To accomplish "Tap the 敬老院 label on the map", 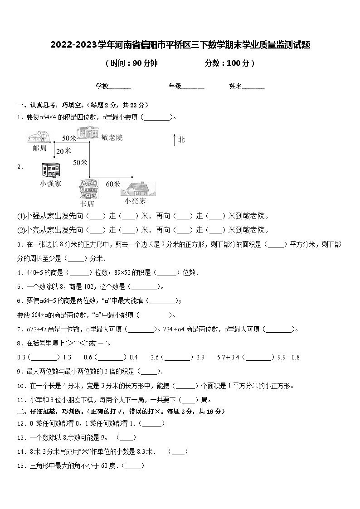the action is [x=112, y=137].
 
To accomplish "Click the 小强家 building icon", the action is [x=51, y=171].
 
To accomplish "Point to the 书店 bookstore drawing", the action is [x=87, y=189].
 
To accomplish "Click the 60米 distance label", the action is [x=113, y=184].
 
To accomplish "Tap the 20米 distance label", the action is [x=63, y=150].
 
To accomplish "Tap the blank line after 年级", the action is [x=193, y=87].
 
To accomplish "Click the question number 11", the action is [x=21, y=400].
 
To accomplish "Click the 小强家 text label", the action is [x=50, y=184].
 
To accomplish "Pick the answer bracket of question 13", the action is [x=126, y=437].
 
